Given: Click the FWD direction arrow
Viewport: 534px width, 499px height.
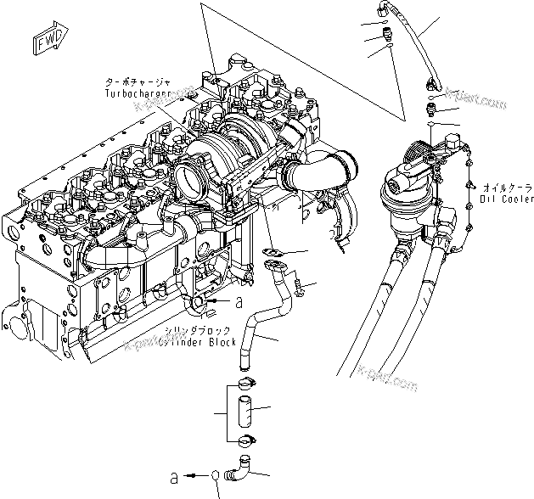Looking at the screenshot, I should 43,42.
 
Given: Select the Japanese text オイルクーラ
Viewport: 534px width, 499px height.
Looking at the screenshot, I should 508,187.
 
